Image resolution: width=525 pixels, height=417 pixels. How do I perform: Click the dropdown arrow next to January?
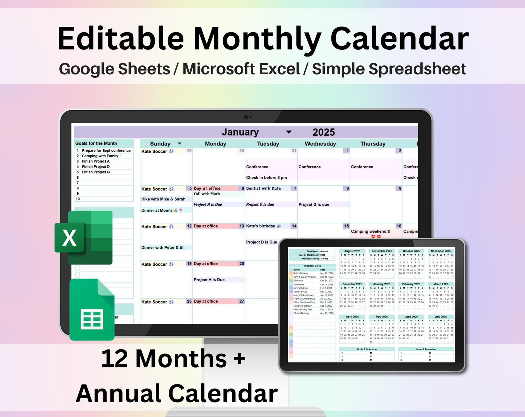[289, 132]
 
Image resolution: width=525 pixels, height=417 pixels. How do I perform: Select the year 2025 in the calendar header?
[323, 132]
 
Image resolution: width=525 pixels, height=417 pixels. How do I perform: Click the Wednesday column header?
[320, 144]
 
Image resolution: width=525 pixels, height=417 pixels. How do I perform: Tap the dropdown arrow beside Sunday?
[179, 144]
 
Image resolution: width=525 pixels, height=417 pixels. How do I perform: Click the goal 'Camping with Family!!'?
[101, 156]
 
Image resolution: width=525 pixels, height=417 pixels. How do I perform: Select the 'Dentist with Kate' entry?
[263, 189]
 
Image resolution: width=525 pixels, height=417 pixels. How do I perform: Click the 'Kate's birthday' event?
[261, 226]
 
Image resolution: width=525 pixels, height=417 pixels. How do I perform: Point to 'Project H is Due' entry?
[209, 280]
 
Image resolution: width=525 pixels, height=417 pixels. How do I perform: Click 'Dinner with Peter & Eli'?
[163, 248]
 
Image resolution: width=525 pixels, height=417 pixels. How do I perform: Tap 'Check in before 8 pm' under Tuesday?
[266, 178]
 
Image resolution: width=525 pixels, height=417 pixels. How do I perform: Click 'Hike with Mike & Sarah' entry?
[163, 199]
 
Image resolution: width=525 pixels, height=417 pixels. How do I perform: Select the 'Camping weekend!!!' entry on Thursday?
[370, 232]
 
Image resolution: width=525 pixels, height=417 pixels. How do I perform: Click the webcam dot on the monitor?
[246, 117]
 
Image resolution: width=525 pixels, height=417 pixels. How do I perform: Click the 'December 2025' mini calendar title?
[352, 284]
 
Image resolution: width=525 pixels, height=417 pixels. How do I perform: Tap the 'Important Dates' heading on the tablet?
[312, 266]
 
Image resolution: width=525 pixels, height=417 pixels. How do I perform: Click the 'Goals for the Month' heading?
[96, 144]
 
